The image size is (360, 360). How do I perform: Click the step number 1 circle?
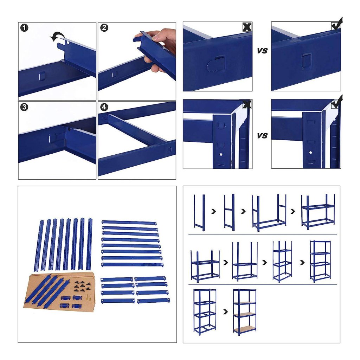pyautogui.click(x=24, y=28)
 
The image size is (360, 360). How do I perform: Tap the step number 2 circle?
pyautogui.click(x=104, y=28)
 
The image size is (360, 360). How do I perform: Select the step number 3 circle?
pyautogui.click(x=24, y=107)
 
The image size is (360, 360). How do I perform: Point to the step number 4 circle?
pyautogui.click(x=104, y=107)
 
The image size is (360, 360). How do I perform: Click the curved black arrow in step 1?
pyautogui.click(x=57, y=37)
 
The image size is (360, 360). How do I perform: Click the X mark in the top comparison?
pyautogui.click(x=247, y=27)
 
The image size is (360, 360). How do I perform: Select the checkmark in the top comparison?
pyautogui.click(x=337, y=24)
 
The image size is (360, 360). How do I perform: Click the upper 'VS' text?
pyautogui.click(x=262, y=51)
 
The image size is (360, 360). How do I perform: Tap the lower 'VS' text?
pyautogui.click(x=262, y=136)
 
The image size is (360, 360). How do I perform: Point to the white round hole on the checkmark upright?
pyautogui.click(x=310, y=153)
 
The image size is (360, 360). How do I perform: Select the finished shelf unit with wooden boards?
pyautogui.click(x=245, y=312)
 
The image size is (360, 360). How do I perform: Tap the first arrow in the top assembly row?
pyautogui.click(x=213, y=211)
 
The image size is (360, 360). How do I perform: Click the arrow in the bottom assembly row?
pyautogui.click(x=226, y=311)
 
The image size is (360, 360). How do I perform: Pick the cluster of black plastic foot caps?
pyautogui.click(x=81, y=286)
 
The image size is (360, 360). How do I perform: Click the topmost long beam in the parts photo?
pyautogui.click(x=129, y=222)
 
